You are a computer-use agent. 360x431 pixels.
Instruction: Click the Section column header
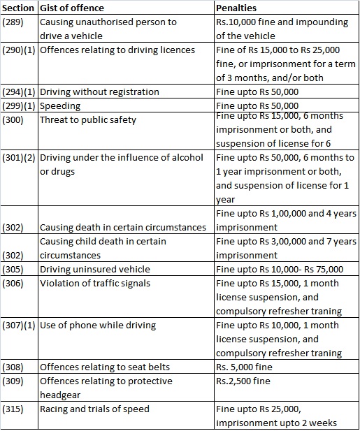pyautogui.click(x=19, y=8)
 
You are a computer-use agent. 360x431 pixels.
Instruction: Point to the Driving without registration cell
pyautogui.click(x=99, y=92)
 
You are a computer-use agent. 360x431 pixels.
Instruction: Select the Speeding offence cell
pyautogui.click(x=60, y=106)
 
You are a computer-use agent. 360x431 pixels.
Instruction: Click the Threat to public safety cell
pyautogui.click(x=88, y=119)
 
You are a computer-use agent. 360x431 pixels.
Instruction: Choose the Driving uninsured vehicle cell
pyautogui.click(x=94, y=269)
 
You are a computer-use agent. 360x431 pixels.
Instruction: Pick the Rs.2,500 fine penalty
pyautogui.click(x=243, y=381)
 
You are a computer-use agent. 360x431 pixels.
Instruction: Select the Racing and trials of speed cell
pyautogui.click(x=94, y=409)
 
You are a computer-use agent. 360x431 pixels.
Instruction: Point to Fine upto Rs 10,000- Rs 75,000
pyautogui.click(x=280, y=269)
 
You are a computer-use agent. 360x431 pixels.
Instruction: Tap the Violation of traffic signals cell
pyautogui.click(x=95, y=283)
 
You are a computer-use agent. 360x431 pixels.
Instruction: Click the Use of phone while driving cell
pyautogui.click(x=98, y=325)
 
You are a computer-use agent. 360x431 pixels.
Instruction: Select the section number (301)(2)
pyautogui.click(x=19, y=158)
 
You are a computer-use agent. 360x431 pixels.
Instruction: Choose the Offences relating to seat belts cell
pyautogui.click(x=105, y=367)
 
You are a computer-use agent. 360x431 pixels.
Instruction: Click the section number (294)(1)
pyautogui.click(x=19, y=92)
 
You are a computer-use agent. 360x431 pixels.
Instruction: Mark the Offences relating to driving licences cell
pyautogui.click(x=117, y=50)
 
